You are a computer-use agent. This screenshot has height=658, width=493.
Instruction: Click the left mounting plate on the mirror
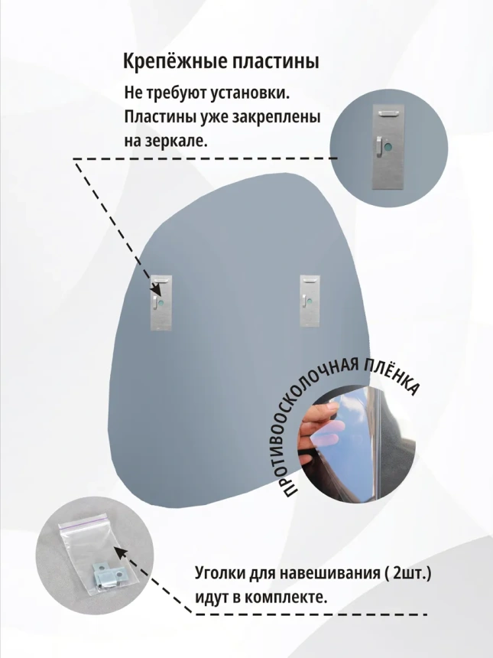pos(162,302)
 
